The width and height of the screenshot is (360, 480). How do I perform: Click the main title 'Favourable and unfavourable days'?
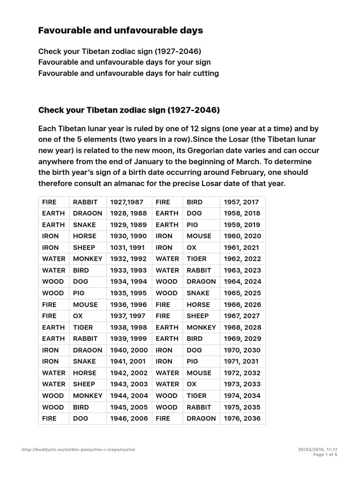(120, 30)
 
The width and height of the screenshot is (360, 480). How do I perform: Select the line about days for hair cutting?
(128, 73)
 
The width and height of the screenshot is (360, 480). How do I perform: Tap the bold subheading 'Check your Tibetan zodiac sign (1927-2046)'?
(129, 111)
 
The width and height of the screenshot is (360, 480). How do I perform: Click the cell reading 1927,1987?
(128, 202)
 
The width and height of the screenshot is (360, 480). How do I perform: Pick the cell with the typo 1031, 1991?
(128, 247)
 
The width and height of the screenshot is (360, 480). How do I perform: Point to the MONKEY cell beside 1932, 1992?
(87, 259)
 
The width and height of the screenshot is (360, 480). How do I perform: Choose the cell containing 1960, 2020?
(242, 236)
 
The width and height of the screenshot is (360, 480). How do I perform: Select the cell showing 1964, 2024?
(242, 282)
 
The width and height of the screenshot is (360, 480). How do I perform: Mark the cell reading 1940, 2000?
(128, 350)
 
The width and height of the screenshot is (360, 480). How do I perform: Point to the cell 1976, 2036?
(242, 419)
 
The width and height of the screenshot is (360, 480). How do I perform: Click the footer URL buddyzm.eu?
(78, 449)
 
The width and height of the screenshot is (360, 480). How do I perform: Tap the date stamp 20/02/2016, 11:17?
(317, 449)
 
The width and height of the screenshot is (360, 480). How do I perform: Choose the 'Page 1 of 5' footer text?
(325, 454)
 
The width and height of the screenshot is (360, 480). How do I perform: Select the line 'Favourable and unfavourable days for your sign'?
(124, 62)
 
